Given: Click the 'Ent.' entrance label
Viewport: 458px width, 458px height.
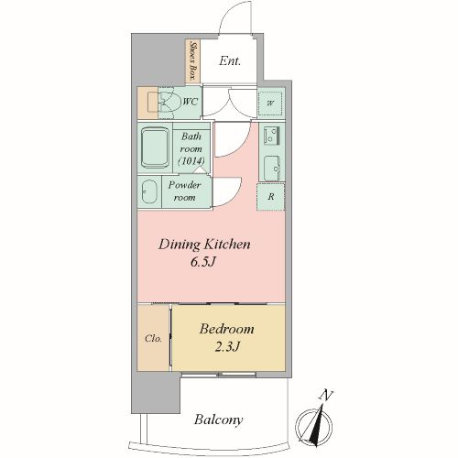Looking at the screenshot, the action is pyautogui.click(x=230, y=61).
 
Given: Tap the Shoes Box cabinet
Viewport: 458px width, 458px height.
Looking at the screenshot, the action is pyautogui.click(x=193, y=60).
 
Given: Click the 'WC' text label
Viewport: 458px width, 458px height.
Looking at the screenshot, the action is pyautogui.click(x=190, y=102).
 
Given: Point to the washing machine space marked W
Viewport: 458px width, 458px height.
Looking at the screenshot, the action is pyautogui.click(x=270, y=104).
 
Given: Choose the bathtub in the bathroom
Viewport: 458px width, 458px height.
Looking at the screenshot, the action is pyautogui.click(x=155, y=147).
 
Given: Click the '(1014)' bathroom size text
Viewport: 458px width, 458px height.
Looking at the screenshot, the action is pyautogui.click(x=191, y=160).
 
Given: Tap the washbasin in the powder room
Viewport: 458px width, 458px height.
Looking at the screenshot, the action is pyautogui.click(x=149, y=191).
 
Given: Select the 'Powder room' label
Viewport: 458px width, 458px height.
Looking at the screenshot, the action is pyautogui.click(x=185, y=191).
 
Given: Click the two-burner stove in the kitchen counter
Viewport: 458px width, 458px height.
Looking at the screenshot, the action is pyautogui.click(x=272, y=136).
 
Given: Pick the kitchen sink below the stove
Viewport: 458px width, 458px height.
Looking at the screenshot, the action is pyautogui.click(x=272, y=168).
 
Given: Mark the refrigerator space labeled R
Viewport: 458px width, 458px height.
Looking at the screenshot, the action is pyautogui.click(x=271, y=197).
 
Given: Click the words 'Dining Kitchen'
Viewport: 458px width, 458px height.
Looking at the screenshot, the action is pyautogui.click(x=204, y=245).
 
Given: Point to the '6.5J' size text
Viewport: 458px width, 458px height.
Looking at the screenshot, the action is pyautogui.click(x=203, y=262).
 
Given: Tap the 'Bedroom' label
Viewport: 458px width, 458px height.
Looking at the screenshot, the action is pyautogui.click(x=227, y=329).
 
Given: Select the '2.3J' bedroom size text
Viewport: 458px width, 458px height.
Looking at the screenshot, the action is pyautogui.click(x=227, y=346).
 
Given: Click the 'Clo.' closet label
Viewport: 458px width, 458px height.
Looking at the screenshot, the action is pyautogui.click(x=153, y=338).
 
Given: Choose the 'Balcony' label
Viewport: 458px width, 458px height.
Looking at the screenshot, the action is pyautogui.click(x=218, y=420).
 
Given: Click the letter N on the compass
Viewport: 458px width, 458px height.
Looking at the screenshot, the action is pyautogui.click(x=326, y=395).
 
